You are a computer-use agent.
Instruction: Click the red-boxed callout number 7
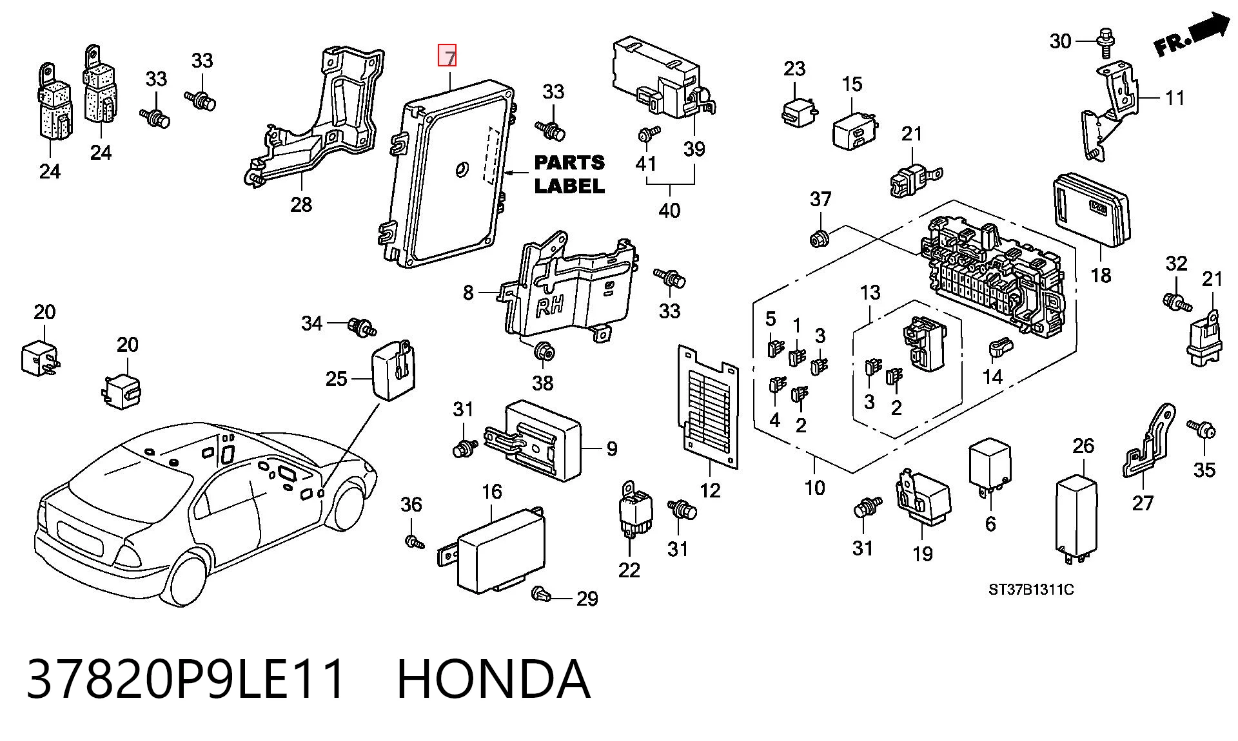coord(447,56)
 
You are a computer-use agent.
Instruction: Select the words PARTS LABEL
coord(569,174)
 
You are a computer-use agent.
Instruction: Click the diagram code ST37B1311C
coord(1031,589)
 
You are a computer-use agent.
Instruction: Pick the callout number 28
coord(301,205)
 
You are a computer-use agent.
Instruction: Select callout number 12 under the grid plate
coord(710,490)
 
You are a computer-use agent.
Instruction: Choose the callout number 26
coord(1084,445)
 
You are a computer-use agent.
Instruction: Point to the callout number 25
coord(336,379)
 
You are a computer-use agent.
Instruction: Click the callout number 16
coord(491,492)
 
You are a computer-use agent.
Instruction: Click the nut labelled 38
coord(543,352)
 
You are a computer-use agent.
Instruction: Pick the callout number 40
coord(669,210)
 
